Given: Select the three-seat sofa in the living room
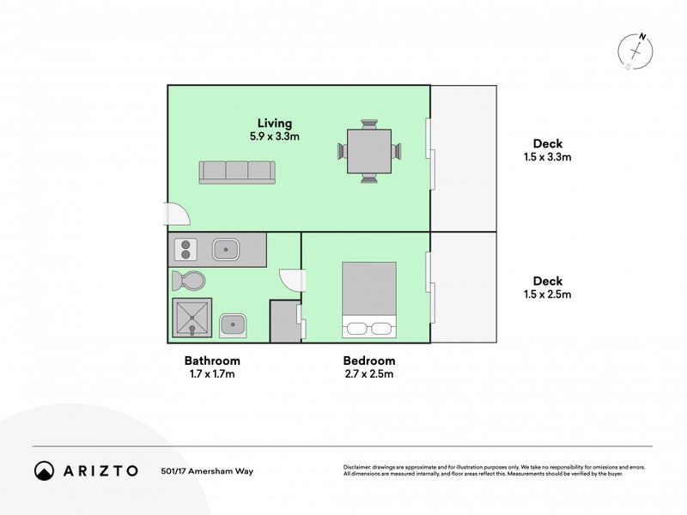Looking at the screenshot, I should [x=237, y=171].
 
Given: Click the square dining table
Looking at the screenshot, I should [x=369, y=151].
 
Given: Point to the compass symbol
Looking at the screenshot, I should [x=637, y=51].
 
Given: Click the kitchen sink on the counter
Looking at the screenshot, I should [x=226, y=250].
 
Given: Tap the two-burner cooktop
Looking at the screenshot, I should [x=185, y=250].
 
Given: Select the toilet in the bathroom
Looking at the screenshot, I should [x=188, y=281].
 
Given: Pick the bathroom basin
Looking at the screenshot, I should [x=232, y=324].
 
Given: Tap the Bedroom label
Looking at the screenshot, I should [x=369, y=360].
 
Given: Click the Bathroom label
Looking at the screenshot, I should [x=212, y=360].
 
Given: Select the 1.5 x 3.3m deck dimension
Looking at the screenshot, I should [x=547, y=157].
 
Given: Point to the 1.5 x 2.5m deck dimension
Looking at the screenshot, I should [x=547, y=294].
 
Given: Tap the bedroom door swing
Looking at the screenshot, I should [x=292, y=280].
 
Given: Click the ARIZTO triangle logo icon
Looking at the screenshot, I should [x=44, y=470].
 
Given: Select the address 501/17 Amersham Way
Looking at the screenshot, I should [x=207, y=470].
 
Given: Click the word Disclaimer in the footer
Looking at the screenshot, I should [x=358, y=467].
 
